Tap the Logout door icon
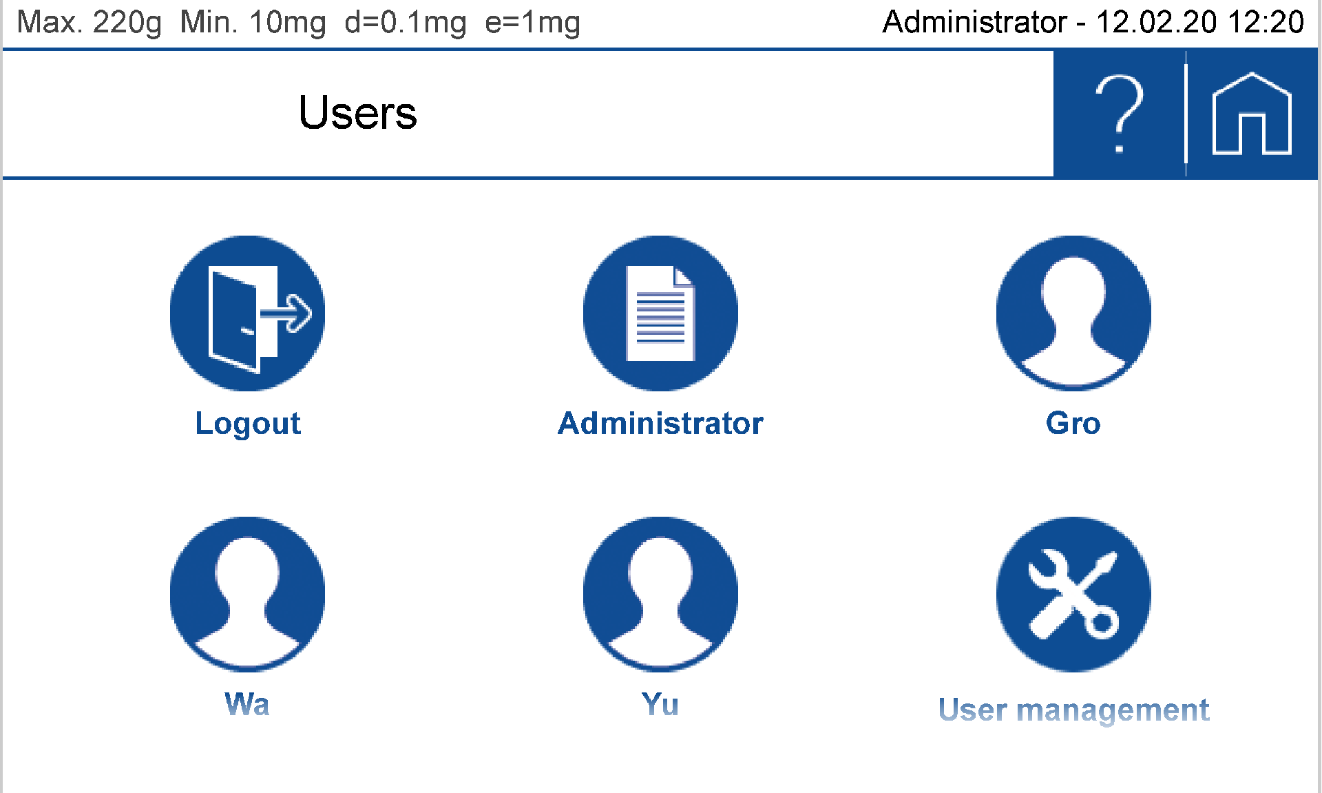coord(247,313)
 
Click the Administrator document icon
coord(660,313)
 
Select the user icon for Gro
coord(1073,313)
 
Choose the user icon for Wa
coord(247,594)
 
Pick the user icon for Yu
coord(660,594)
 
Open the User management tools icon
coord(1073,594)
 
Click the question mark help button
coord(1119,114)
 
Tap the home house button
coord(1251,114)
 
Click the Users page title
coord(357,113)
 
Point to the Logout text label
coord(248,423)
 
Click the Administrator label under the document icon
coord(660,423)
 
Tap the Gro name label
coord(1073,423)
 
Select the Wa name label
coord(247,704)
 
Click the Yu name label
coord(660,704)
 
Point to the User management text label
coord(1073,710)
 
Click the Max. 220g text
coord(89,23)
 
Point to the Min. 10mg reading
coord(253,23)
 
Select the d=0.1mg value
coord(405,23)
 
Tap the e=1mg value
coord(532,23)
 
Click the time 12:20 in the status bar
coord(1266,23)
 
